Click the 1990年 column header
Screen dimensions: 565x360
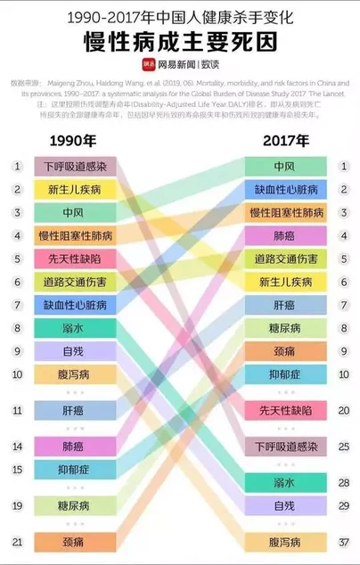tap(74, 141)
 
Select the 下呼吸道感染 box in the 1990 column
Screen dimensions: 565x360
tap(75, 167)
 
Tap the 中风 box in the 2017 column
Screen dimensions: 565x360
tap(284, 167)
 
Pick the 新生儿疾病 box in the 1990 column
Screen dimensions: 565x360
tap(75, 190)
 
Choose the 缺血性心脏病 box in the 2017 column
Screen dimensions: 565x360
tap(284, 190)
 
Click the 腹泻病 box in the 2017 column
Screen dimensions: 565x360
tap(284, 542)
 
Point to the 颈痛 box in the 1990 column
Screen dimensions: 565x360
tap(75, 542)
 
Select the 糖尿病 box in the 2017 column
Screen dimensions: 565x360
tap(284, 328)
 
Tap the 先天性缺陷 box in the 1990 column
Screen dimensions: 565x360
tap(75, 258)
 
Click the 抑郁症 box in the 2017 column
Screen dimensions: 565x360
tap(284, 374)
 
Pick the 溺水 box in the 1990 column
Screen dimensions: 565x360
tap(75, 328)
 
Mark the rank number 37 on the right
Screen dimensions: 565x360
tap(343, 542)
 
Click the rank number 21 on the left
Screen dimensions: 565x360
tap(17, 542)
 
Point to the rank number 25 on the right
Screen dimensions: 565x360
tap(343, 446)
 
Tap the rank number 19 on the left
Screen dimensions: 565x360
tap(17, 505)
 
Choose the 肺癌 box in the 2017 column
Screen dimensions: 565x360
tap(284, 236)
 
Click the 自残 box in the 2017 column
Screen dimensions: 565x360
tap(284, 505)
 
